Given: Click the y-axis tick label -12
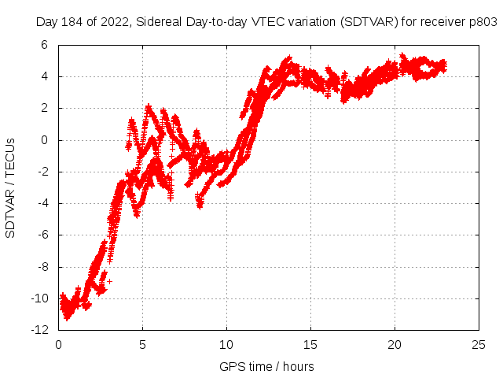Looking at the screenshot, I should pyautogui.click(x=43, y=330).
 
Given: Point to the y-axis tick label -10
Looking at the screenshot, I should pyautogui.click(x=43, y=298).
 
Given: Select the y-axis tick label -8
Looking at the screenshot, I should pyautogui.click(x=46, y=267).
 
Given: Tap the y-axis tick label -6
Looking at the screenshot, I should pyautogui.click(x=46, y=235).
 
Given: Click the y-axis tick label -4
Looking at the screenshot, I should pyautogui.click(x=46, y=203).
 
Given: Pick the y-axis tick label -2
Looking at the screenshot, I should pyautogui.click(x=46, y=172).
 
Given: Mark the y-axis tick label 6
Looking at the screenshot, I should pyautogui.click(x=49, y=45).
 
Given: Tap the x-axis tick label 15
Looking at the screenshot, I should pyautogui.click(x=311, y=344).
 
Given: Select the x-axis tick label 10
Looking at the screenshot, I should pyautogui.click(x=227, y=344).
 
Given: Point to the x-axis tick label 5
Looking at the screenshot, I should pyautogui.click(x=143, y=344).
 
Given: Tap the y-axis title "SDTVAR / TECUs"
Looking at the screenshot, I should pyautogui.click(x=11, y=187).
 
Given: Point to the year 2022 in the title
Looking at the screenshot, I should pyautogui.click(x=116, y=22).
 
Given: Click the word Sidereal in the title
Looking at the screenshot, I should pyautogui.click(x=160, y=22).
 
